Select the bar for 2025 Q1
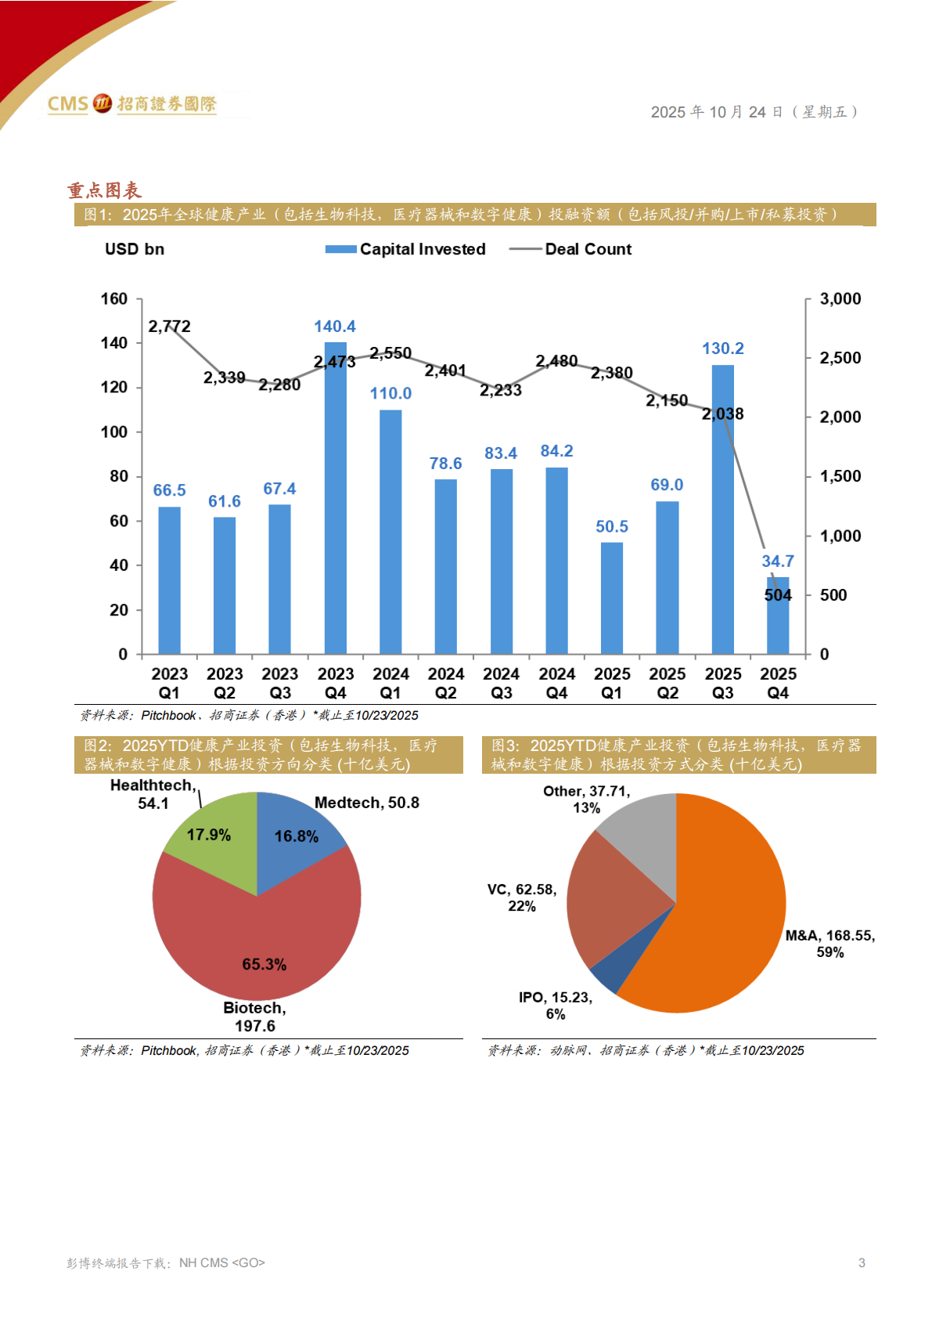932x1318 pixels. point(612,598)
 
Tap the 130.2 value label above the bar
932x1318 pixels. point(722,348)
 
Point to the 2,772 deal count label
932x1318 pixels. point(169,326)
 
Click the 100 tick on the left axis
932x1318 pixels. point(114,432)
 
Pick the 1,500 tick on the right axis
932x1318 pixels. point(840,476)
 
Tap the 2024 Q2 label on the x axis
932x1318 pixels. point(446,683)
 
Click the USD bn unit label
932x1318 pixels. point(135,249)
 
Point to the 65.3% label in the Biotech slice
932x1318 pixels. point(264,964)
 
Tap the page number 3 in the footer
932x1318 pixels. point(862,1262)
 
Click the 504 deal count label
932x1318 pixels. point(778,595)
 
